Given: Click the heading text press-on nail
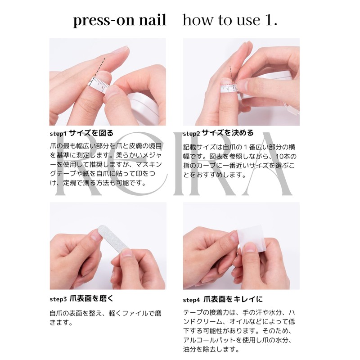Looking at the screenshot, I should [x=119, y=21].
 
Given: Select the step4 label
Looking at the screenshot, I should [x=192, y=299].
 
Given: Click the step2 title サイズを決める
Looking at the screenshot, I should [x=227, y=133].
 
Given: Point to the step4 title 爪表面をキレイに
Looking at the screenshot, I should [x=233, y=298].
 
